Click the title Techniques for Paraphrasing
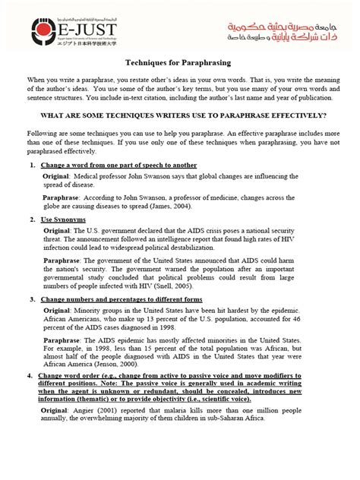tap(180, 66)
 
